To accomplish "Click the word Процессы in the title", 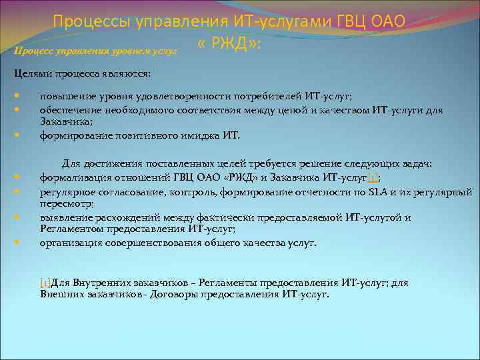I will click(x=91, y=21).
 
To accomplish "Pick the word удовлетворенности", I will click(x=175, y=97).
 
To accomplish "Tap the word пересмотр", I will click(x=66, y=204).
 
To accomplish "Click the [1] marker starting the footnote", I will click(x=45, y=283).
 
